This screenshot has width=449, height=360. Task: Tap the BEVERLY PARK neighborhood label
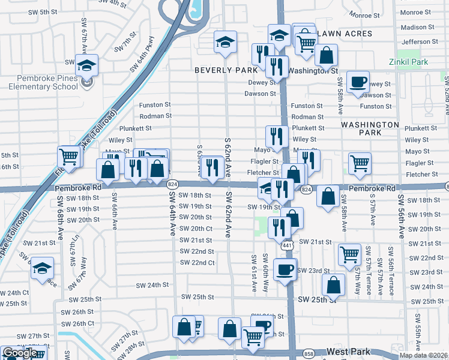point(225,70)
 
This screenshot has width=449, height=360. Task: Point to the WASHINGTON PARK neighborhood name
point(370,130)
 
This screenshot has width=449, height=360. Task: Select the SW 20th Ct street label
point(196,229)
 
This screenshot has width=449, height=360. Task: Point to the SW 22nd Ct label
point(197,263)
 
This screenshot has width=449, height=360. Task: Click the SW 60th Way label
point(265,273)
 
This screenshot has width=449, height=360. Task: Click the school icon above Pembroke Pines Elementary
point(86,65)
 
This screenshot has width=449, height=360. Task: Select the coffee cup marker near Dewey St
point(358,82)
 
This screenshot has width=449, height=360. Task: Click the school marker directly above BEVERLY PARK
point(225,42)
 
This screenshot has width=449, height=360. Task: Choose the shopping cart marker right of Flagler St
point(360,163)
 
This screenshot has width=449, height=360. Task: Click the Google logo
point(20,353)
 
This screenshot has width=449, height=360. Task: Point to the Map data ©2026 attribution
point(424,355)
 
